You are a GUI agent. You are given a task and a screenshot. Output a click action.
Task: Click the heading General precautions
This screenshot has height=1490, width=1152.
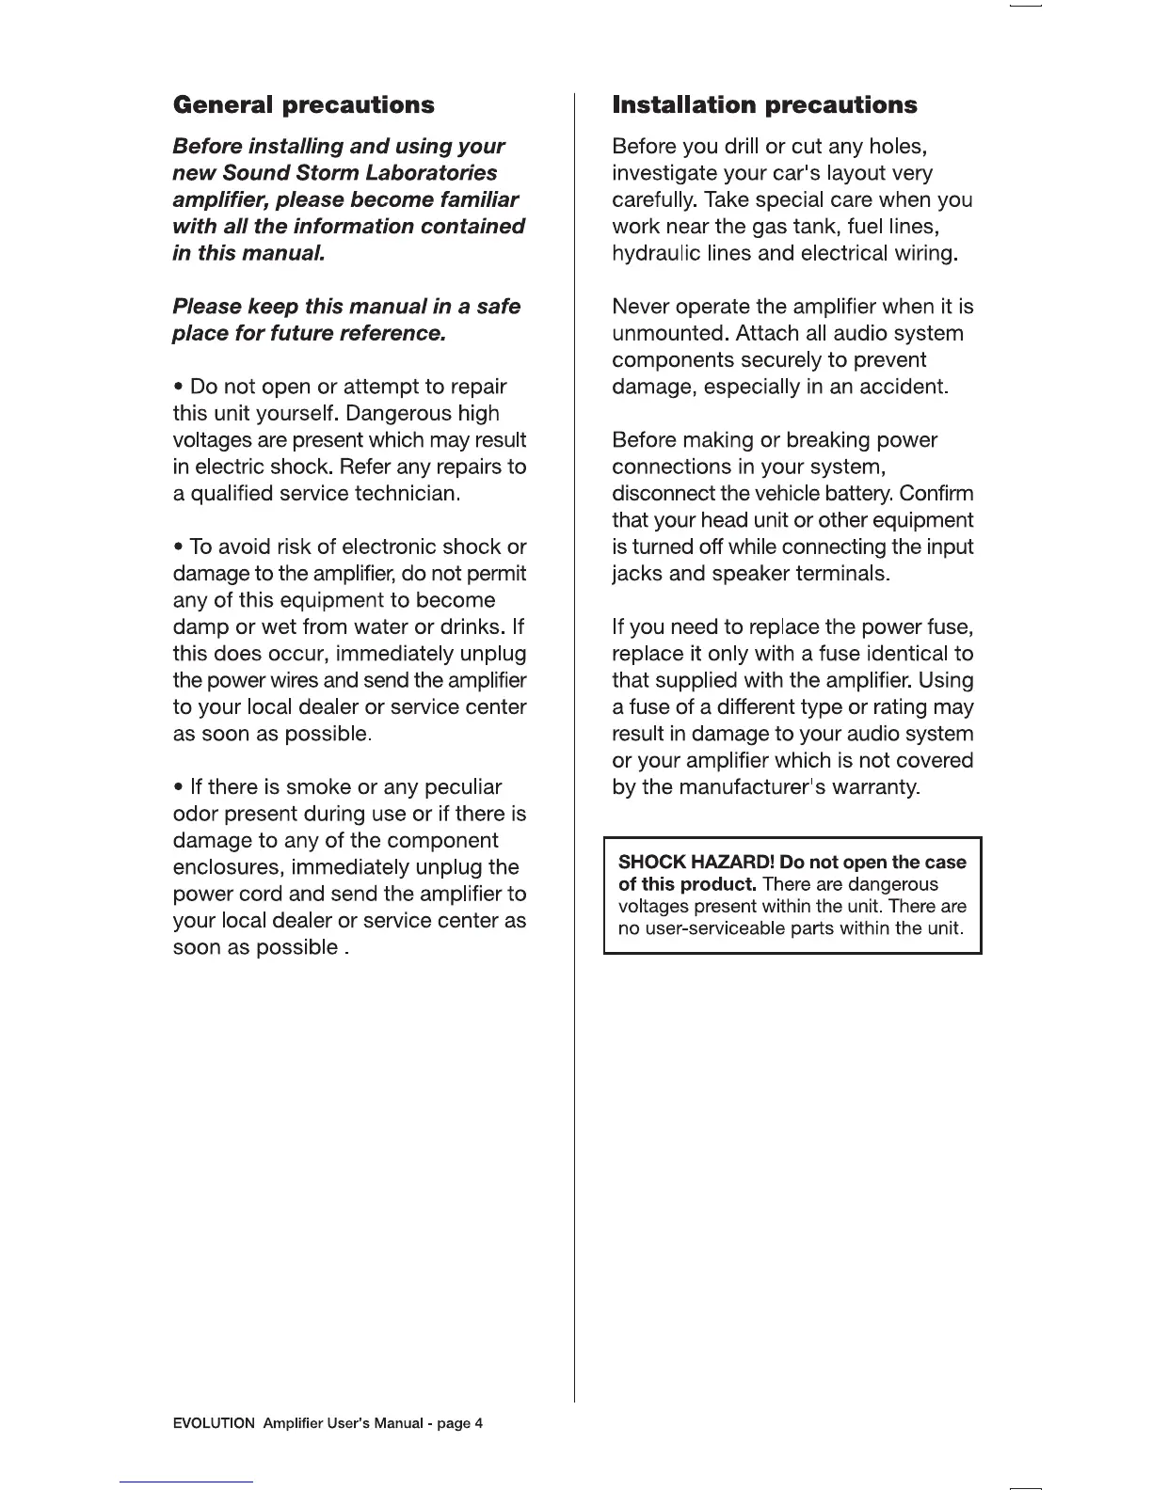pyautogui.click(x=303, y=104)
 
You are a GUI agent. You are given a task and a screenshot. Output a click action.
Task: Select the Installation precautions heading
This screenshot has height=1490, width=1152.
pyautogui.click(x=764, y=104)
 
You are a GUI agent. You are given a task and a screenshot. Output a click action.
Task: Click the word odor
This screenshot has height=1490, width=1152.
pyautogui.click(x=195, y=814)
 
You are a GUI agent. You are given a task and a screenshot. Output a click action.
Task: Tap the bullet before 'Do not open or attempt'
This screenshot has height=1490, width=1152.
pyautogui.click(x=178, y=388)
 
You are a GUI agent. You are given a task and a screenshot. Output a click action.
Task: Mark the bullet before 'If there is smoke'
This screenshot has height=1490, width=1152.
pyautogui.click(x=178, y=787)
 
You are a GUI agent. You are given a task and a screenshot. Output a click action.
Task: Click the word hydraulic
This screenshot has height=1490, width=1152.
pyautogui.click(x=655, y=254)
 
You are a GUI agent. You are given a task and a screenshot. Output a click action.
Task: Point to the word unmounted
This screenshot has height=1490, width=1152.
pyautogui.click(x=670, y=334)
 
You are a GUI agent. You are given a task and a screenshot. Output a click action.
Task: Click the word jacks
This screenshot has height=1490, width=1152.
pyautogui.click(x=637, y=574)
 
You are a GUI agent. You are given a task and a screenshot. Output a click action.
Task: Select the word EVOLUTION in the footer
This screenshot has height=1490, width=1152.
pyautogui.click(x=214, y=1423)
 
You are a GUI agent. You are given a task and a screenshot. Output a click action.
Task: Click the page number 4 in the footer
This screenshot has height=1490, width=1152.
pyautogui.click(x=478, y=1423)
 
